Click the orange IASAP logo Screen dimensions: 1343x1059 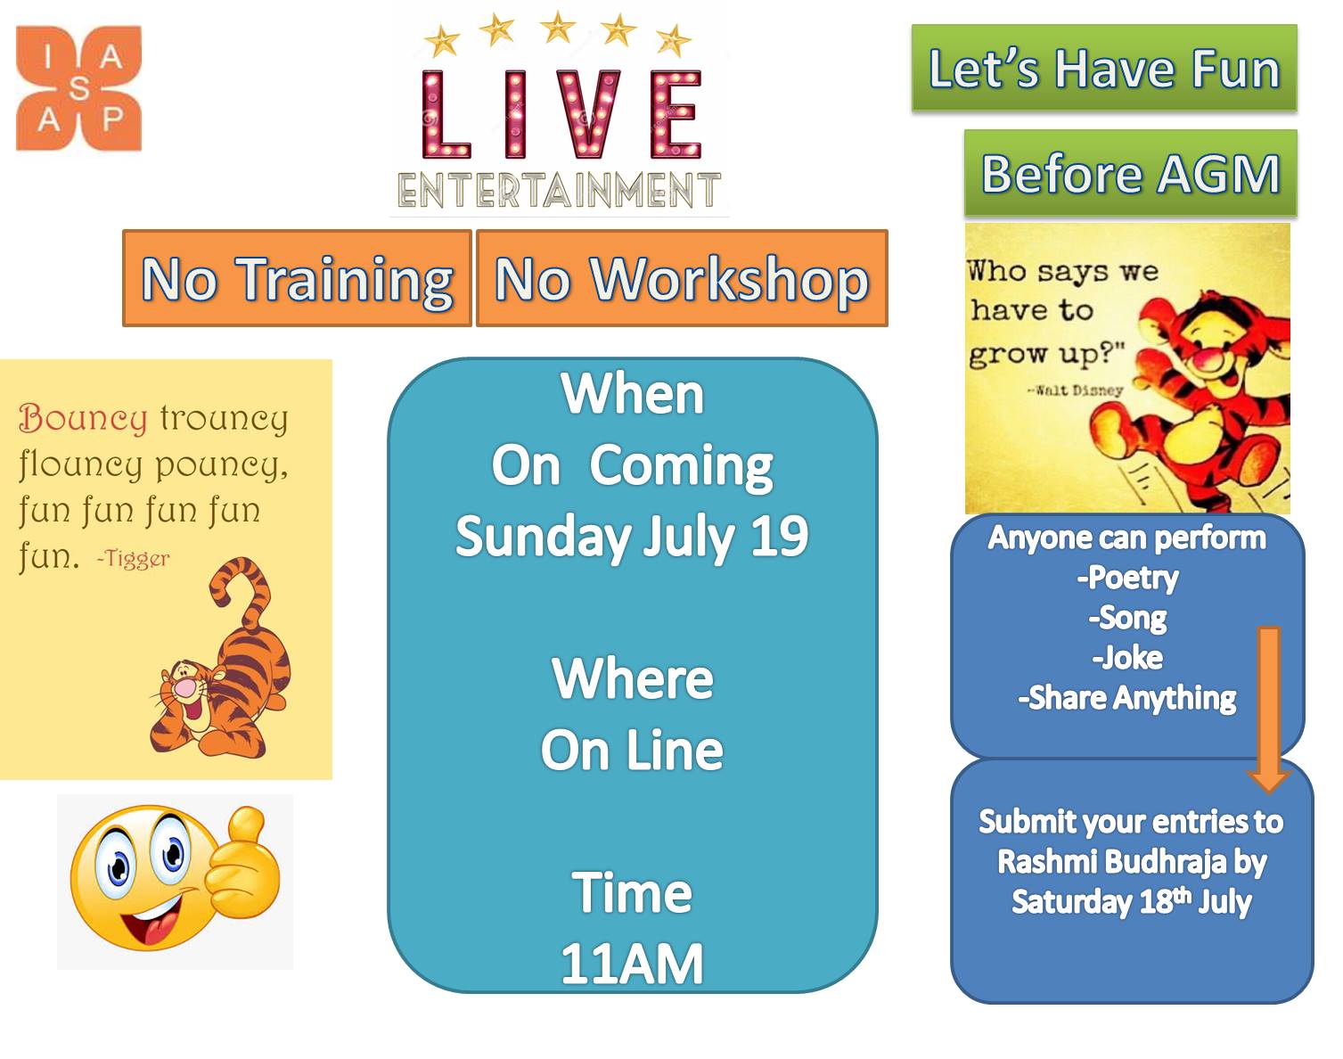point(78,88)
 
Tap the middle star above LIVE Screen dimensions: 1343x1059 point(557,28)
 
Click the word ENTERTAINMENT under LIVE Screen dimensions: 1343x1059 point(559,190)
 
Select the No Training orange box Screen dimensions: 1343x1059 point(297,278)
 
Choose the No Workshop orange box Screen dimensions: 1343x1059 point(682,278)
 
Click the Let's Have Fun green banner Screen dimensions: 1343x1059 point(1104,68)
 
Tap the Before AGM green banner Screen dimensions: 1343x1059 point(1130,173)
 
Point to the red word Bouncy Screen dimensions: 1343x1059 point(83,418)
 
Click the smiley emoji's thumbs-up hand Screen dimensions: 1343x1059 point(242,863)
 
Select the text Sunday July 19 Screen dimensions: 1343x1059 point(632,536)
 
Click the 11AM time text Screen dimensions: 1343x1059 point(632,965)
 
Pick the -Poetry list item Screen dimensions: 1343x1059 point(1127,579)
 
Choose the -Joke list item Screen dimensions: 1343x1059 point(1127,658)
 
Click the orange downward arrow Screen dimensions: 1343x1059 point(1268,710)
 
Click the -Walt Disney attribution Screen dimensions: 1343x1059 point(1075,390)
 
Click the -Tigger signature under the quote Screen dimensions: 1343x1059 point(133,559)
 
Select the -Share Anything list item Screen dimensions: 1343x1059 point(1127,698)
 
